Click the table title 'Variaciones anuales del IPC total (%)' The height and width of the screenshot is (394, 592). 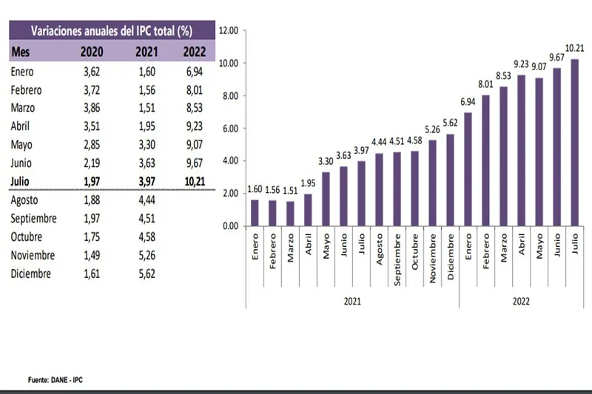click(x=112, y=30)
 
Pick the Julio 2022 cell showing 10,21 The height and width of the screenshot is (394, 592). click(x=194, y=180)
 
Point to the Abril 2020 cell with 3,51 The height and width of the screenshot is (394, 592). click(x=91, y=125)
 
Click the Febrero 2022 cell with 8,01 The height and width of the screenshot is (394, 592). click(x=194, y=89)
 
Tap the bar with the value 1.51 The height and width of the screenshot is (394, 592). click(x=290, y=213)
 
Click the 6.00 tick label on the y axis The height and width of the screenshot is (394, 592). click(x=231, y=128)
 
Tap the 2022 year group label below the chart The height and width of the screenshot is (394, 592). click(x=521, y=302)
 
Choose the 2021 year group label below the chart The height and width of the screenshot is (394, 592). click(x=352, y=302)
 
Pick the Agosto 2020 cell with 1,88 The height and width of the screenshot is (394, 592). click(x=91, y=200)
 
